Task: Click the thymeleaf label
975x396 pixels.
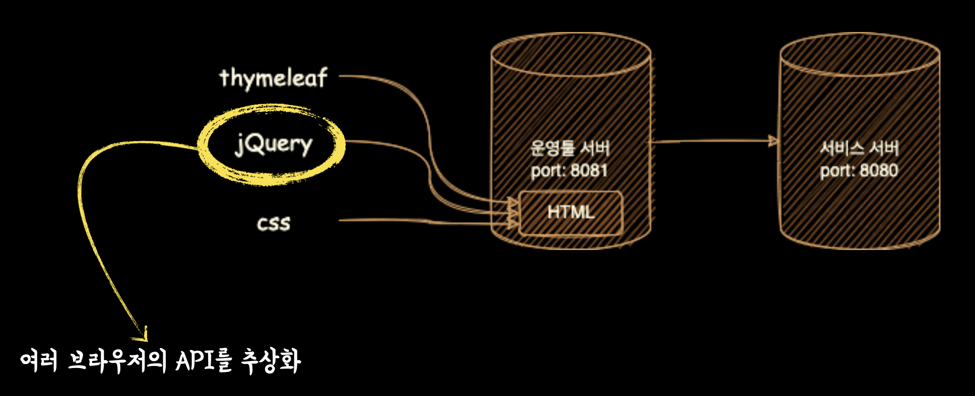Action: click(x=273, y=78)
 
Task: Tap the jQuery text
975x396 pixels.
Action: click(x=273, y=145)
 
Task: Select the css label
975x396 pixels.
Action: click(x=273, y=223)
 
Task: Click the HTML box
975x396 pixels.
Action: click(x=571, y=212)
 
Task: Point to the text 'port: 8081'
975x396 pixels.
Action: click(x=569, y=170)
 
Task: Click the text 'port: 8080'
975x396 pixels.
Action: click(x=859, y=170)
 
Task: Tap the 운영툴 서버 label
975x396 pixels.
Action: click(x=570, y=148)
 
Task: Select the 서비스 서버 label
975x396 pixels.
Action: click(x=859, y=148)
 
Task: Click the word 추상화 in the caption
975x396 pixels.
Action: click(x=271, y=360)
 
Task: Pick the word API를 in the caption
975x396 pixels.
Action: click(x=204, y=360)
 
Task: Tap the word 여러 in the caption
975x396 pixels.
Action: click(x=39, y=360)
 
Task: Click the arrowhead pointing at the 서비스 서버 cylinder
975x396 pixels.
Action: click(x=774, y=141)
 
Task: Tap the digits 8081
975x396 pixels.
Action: click(x=589, y=170)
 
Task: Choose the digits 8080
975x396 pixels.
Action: click(x=879, y=170)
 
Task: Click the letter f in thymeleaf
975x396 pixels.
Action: click(x=321, y=77)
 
